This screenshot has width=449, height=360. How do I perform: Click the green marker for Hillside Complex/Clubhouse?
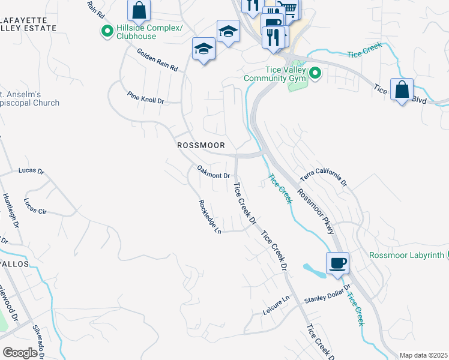[107, 31]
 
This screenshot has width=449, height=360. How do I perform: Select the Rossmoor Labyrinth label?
[406, 255]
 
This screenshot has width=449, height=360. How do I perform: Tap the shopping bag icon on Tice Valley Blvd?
[402, 91]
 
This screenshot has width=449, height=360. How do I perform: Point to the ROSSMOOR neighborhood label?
[201, 146]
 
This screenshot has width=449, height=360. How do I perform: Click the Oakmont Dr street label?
[214, 172]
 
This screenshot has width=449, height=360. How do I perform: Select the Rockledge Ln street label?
[210, 217]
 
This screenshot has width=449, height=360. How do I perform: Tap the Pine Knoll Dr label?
[145, 98]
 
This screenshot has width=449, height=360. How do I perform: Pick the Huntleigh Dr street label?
[10, 209]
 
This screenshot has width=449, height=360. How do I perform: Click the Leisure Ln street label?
[276, 305]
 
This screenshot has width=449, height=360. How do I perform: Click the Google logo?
[20, 352]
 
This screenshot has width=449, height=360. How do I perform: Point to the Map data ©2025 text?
[423, 355]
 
